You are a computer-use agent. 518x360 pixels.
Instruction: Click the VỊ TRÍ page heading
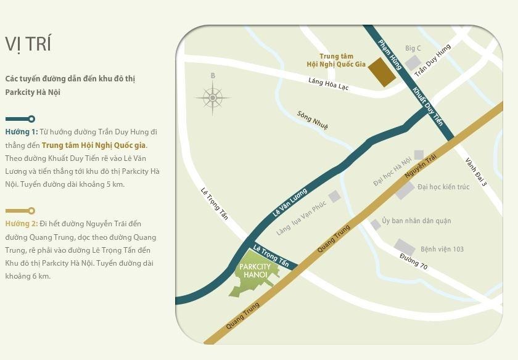pos(28,44)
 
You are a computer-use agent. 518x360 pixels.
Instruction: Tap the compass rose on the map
pos(213,97)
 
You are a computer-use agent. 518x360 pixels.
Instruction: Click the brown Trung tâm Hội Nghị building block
pos(382,73)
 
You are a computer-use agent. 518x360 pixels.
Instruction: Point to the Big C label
pos(413,48)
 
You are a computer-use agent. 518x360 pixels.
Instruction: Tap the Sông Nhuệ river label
pos(313,120)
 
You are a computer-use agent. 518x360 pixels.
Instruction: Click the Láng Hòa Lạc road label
pos(329,83)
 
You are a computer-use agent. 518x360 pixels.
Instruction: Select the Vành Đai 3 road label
pos(476,172)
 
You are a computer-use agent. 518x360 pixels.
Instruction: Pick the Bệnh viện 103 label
pos(442,249)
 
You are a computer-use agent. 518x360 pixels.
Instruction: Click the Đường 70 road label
pos(413,261)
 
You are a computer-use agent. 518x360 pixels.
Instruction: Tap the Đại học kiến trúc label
pos(443,187)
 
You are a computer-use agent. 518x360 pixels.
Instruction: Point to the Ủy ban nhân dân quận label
pos(416,221)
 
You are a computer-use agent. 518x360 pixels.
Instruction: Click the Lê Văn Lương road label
pos(290,203)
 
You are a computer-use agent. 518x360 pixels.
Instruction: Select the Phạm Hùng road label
pos(390,54)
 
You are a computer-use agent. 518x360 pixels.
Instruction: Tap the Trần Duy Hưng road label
pos(433,60)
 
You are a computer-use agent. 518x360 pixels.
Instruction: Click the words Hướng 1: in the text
pos(22,132)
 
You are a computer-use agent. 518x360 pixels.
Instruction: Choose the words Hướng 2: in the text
pos(22,224)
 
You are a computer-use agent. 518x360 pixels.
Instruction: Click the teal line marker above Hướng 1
pos(20,119)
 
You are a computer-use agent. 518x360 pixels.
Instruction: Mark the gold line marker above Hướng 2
pos(20,211)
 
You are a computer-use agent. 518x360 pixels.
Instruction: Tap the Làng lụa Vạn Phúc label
pos(301,219)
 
